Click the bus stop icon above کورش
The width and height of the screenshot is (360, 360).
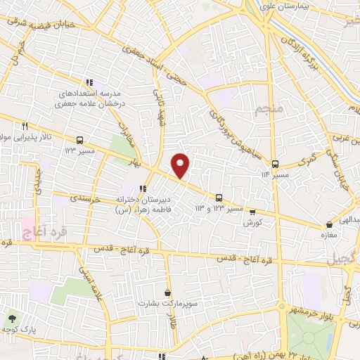(x=252, y=212)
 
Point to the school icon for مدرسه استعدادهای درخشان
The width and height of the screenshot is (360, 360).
(x=89, y=82)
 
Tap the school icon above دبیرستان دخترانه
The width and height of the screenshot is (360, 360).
(x=143, y=188)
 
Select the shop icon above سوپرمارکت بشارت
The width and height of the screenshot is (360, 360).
(x=167, y=292)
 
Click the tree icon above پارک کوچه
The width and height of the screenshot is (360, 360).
(x=12, y=319)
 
